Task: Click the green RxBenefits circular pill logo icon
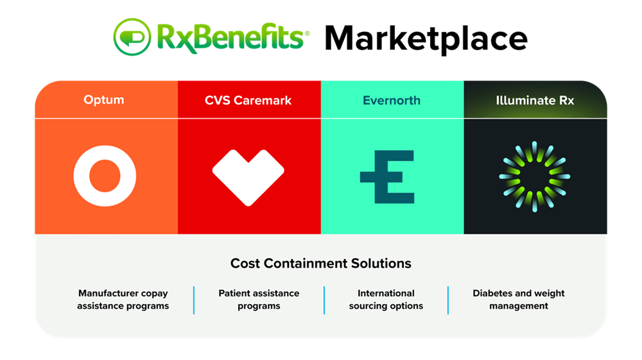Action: pyautogui.click(x=132, y=37)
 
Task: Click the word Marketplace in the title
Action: pyautogui.click(x=426, y=40)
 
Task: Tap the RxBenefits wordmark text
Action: pyautogui.click(x=230, y=38)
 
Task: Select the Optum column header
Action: pyautogui.click(x=104, y=100)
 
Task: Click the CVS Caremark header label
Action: pyautogui.click(x=248, y=100)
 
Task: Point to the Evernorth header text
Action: pyautogui.click(x=392, y=100)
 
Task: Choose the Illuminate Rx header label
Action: pyautogui.click(x=535, y=100)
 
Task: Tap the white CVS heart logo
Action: pyautogui.click(x=248, y=178)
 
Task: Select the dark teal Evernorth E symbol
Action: pyautogui.click(x=387, y=176)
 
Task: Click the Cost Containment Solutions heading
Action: pyautogui.click(x=320, y=264)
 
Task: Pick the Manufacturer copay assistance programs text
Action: pyautogui.click(x=123, y=300)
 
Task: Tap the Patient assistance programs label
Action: pyautogui.click(x=259, y=300)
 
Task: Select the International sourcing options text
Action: pyautogui.click(x=386, y=300)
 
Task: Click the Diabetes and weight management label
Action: pyautogui.click(x=518, y=300)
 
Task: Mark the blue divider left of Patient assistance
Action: pyautogui.click(x=194, y=300)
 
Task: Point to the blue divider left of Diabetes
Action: pyautogui.click(x=448, y=300)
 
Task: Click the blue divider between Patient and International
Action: pyautogui.click(x=324, y=300)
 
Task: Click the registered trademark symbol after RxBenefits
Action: pyautogui.click(x=307, y=33)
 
